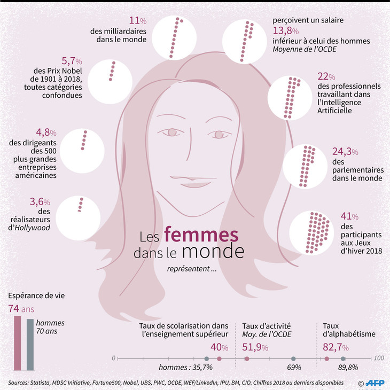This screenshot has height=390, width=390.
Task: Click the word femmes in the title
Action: click(x=201, y=235)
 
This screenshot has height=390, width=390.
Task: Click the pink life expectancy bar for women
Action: click(x=18, y=342)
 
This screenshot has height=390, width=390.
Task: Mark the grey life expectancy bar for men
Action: click(x=30, y=344)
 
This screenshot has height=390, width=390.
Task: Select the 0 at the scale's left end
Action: click(x=113, y=357)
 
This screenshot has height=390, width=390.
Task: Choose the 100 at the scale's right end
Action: click(x=379, y=357)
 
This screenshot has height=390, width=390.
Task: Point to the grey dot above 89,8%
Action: click(x=343, y=358)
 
